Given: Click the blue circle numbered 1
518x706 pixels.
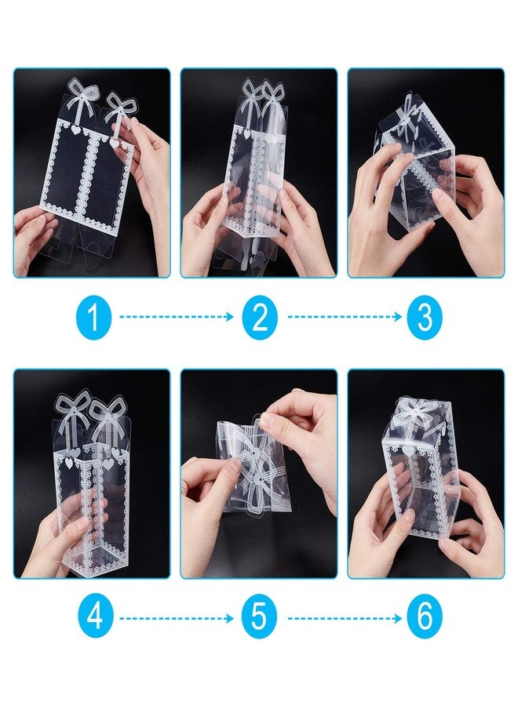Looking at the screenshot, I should coord(93,318).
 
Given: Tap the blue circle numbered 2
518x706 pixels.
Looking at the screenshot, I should coord(260,318).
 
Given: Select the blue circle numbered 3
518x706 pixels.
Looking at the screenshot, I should coord(424,318).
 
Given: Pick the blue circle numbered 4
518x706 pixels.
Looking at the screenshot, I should coord(93,617).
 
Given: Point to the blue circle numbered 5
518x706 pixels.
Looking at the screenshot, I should coord(259,617).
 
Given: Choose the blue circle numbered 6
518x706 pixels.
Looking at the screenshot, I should coord(424,617).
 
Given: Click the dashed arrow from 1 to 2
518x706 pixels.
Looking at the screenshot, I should coord(177,318).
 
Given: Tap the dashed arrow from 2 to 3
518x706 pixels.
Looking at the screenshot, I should coord(343,318).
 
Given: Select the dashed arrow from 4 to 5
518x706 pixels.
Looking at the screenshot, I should coord(177,617).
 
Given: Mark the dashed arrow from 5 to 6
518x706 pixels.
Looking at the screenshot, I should coord(343,617).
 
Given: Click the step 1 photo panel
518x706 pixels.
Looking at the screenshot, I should coord(92,173).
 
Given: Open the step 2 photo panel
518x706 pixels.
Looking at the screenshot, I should coord(259,173).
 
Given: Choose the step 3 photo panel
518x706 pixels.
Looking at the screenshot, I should coord(425,173).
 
